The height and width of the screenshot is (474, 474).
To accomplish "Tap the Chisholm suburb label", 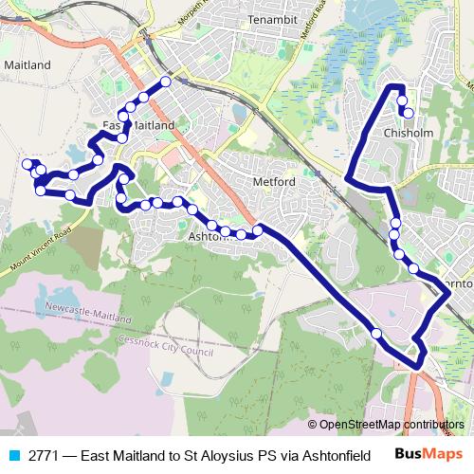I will [x=409, y=134].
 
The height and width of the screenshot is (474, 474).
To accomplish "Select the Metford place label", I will [x=276, y=181].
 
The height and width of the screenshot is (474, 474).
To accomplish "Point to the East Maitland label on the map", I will [x=138, y=125].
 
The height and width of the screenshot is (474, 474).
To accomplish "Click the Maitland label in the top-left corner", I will [x=27, y=65].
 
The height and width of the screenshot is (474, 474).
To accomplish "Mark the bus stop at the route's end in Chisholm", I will [x=409, y=113].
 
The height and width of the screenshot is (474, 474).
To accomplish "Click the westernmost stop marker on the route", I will [x=27, y=164].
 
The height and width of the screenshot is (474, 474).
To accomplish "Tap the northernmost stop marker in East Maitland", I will [x=165, y=82].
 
